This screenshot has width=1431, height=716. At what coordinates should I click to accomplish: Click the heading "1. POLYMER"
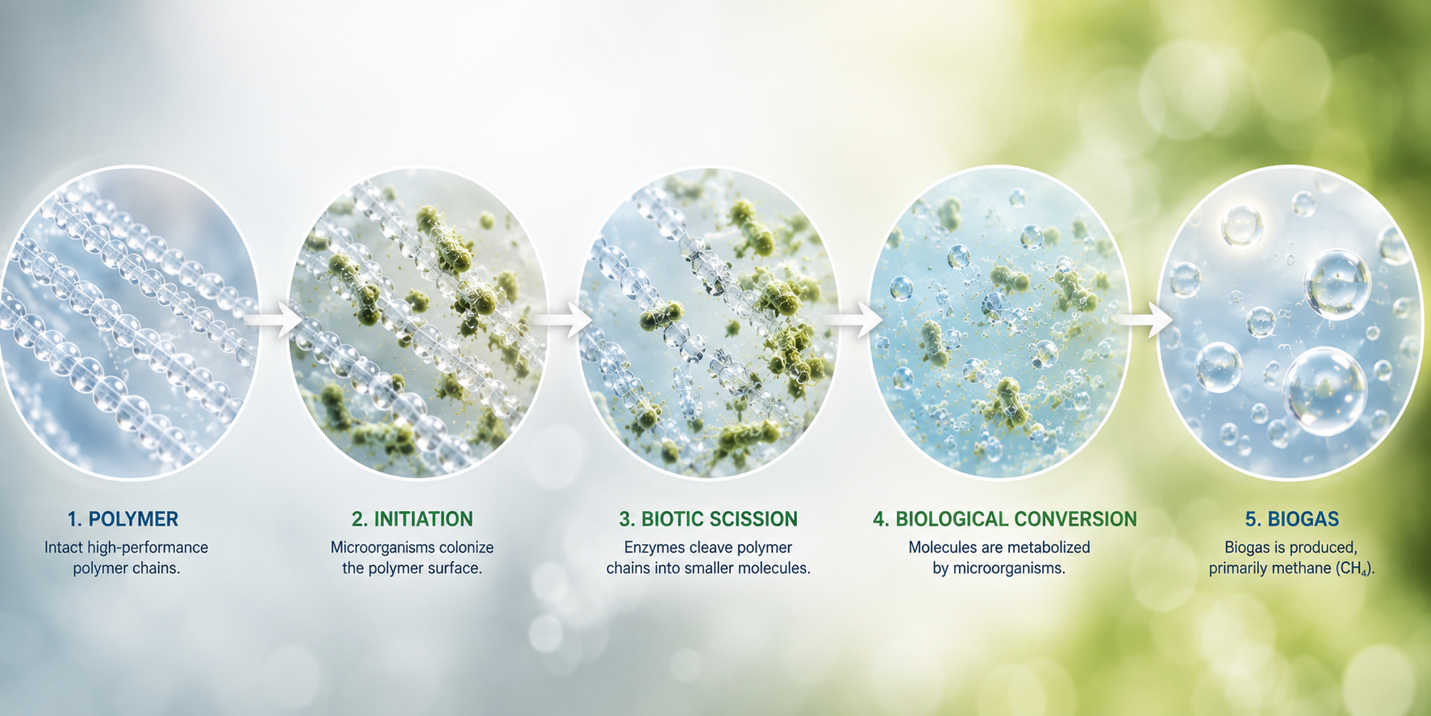pos(123,519)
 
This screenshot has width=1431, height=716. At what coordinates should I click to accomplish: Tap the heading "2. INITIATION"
pos(412,519)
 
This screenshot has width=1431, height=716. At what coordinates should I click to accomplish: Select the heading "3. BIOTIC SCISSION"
pos(708,519)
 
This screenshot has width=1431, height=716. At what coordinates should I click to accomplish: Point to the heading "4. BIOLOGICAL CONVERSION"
pos(1004,519)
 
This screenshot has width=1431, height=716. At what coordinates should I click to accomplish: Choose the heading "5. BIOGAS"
pos(1291,519)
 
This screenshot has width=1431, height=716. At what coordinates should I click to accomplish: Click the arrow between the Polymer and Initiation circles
pos(274,320)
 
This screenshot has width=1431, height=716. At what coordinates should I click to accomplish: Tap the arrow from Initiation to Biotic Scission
pos(564,320)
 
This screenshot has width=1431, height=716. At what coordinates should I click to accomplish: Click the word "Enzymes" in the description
pos(654,548)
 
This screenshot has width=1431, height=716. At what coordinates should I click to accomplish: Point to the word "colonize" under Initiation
pos(465,547)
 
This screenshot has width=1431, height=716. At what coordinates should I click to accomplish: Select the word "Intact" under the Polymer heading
pos(63,547)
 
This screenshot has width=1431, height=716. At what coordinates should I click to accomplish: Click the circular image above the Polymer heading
pos(129,322)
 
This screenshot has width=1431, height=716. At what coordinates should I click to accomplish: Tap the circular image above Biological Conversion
pos(999,322)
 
